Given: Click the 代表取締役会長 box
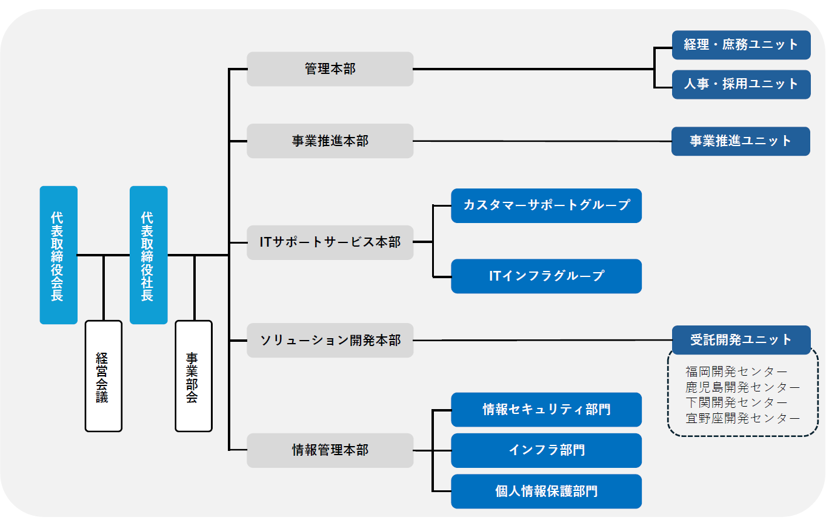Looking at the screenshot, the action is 59,255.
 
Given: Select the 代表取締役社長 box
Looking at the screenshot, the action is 148,255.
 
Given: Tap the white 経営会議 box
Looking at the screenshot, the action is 104,376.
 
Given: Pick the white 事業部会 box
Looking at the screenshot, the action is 193,376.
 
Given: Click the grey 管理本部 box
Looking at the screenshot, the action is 330,69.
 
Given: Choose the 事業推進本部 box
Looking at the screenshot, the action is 330,141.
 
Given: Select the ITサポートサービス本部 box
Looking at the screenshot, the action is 330,242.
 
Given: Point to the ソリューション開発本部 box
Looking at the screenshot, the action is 330,340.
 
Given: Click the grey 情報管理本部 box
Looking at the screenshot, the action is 330,450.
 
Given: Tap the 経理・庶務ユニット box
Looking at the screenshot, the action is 741,45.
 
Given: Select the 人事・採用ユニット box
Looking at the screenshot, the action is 741,84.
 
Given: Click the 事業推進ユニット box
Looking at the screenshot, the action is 741,141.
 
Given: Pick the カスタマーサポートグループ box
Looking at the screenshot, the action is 546,205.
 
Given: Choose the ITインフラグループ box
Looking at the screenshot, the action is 546,276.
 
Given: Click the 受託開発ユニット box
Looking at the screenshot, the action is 741,339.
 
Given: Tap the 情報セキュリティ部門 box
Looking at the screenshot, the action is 546,409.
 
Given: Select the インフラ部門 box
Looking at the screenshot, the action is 546,450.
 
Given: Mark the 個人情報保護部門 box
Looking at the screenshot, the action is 546,492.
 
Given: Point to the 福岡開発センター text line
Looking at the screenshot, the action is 736,372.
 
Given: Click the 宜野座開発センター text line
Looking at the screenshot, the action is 742,418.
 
